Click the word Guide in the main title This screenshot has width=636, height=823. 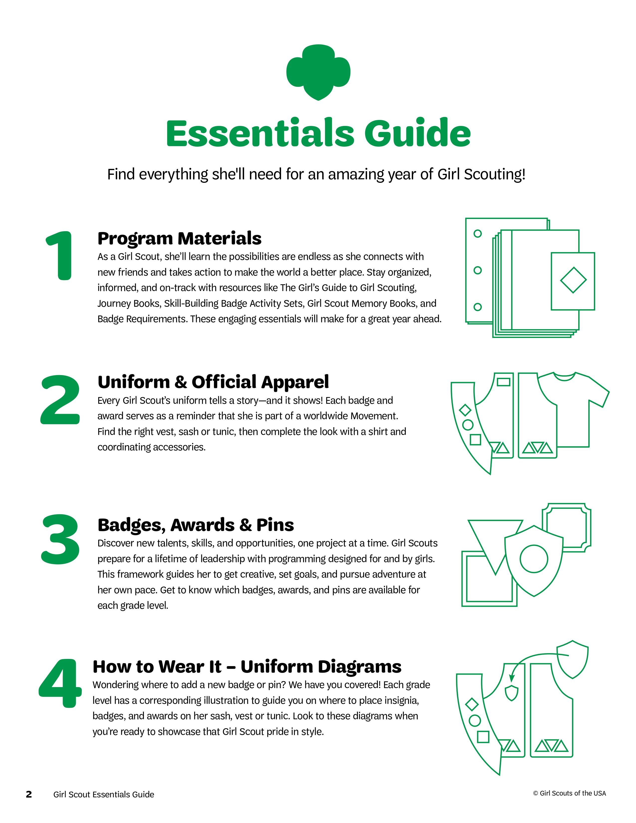click(418, 133)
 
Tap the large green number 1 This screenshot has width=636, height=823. click(60, 256)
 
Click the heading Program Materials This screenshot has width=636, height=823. click(179, 238)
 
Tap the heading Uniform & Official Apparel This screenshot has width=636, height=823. click(213, 382)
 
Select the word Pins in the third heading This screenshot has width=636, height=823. click(275, 525)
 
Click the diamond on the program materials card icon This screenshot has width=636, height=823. click(573, 280)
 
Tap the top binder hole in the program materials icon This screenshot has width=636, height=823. click(478, 234)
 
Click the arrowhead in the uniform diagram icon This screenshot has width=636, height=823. click(511, 678)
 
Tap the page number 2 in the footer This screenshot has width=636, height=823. click(29, 794)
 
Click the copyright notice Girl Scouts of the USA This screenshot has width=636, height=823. click(569, 793)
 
